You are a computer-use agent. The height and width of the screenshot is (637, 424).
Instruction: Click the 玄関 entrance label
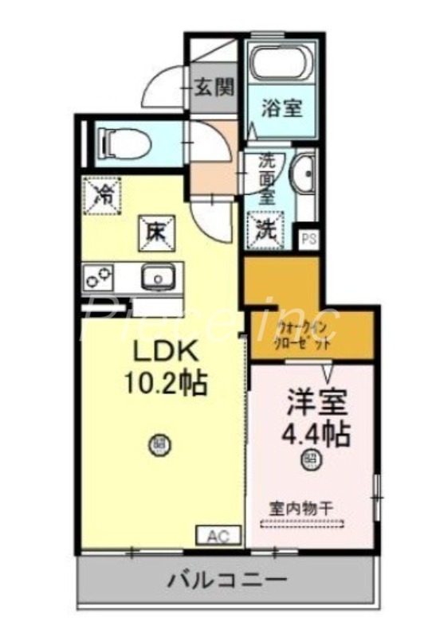click(214, 86)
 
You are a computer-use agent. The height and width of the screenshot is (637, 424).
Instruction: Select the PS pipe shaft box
click(308, 236)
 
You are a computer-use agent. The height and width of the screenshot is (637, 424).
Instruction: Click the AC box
click(217, 536)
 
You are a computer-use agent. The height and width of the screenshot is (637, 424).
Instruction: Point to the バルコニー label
click(226, 580)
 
